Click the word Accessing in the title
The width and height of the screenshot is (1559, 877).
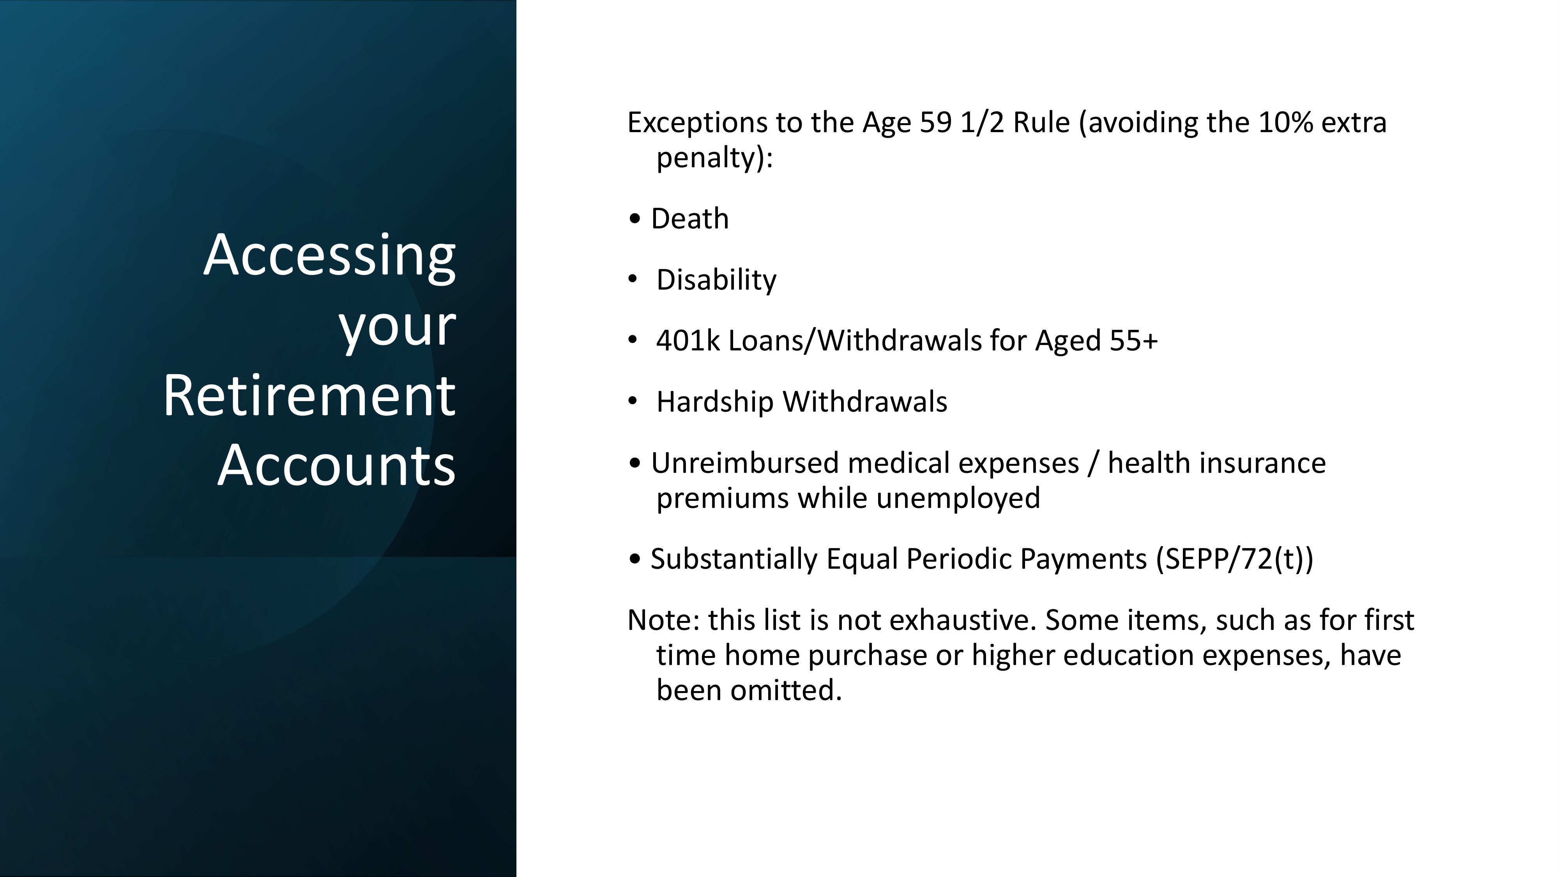(x=329, y=256)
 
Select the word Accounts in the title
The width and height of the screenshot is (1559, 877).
(x=336, y=466)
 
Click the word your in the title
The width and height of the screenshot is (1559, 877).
(x=396, y=327)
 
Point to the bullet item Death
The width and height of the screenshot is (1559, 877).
(x=689, y=219)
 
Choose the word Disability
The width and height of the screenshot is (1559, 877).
(x=716, y=280)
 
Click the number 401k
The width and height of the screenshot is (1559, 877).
(x=688, y=341)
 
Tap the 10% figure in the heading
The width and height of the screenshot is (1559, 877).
(x=1285, y=123)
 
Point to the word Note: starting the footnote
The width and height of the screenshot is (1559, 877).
(x=663, y=621)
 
